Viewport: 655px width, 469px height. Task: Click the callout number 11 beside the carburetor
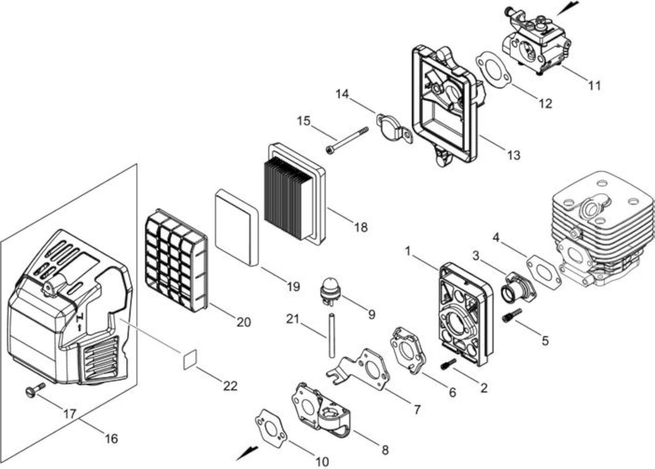(x=595, y=85)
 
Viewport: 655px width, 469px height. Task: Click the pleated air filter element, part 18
(x=295, y=194)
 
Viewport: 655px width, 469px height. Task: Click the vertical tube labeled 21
(x=331, y=335)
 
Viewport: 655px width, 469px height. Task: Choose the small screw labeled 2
(x=448, y=364)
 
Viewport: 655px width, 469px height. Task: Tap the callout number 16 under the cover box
(x=112, y=438)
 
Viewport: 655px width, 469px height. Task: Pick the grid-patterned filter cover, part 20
(x=177, y=260)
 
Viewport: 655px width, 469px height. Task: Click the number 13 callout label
(x=514, y=155)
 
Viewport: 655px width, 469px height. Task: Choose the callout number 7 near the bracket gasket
(x=417, y=409)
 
